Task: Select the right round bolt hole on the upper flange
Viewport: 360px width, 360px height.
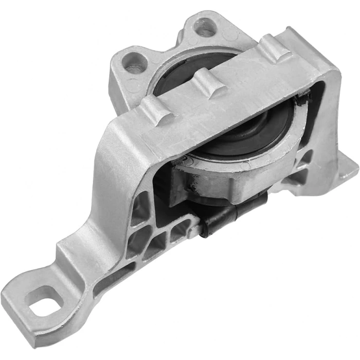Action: [x=205, y=27]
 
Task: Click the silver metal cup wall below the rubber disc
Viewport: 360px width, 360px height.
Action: [x=231, y=177]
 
